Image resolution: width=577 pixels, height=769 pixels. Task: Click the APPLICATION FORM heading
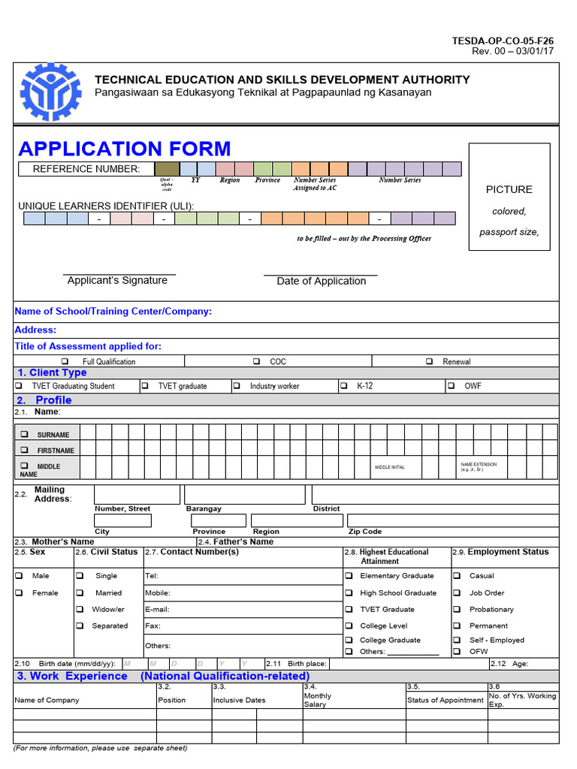tap(125, 149)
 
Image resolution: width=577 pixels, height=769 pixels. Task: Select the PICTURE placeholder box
tap(509, 197)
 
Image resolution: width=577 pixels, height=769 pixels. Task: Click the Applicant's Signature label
tap(117, 280)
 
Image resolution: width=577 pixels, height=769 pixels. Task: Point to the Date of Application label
tap(321, 281)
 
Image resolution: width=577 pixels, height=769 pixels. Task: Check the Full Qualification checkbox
tap(65, 361)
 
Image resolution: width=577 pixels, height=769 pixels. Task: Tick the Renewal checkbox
tap(429, 361)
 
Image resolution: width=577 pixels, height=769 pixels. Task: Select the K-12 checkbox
tap(343, 386)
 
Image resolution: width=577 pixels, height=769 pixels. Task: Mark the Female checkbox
tap(19, 593)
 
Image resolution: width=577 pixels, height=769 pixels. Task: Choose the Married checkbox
tap(80, 593)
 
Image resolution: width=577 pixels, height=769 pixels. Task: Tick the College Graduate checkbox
tap(349, 640)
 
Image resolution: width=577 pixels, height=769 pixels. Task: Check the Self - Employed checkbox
tap(457, 640)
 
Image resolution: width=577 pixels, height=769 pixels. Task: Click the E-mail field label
tap(157, 609)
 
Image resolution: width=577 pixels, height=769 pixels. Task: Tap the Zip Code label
tap(365, 532)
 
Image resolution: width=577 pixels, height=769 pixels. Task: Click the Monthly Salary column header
tap(317, 700)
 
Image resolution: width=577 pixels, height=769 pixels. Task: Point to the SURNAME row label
tap(53, 435)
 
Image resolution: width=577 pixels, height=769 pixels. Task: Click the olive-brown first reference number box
tap(167, 169)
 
